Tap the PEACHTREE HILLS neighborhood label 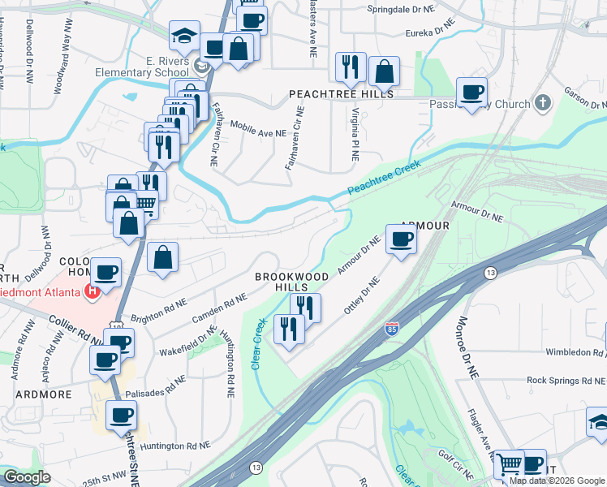342,95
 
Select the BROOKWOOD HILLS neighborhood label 292,282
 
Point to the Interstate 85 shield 391,329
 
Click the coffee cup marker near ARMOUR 402,239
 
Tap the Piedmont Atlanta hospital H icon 93,291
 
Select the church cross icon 543,104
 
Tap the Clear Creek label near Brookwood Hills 259,343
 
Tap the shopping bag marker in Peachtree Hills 384,71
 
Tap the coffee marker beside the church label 471,93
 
